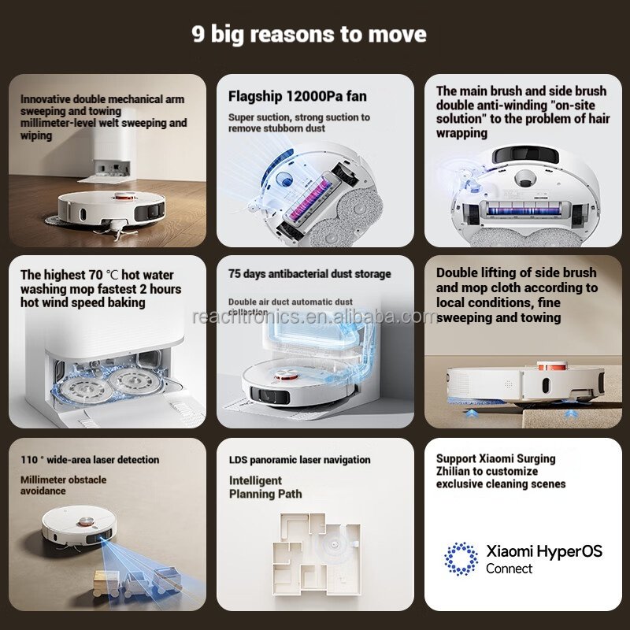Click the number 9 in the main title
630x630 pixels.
198,34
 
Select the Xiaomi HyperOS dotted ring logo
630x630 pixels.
461,559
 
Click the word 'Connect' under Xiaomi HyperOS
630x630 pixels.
509,569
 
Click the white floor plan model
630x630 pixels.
316,554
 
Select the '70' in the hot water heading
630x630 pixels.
95,275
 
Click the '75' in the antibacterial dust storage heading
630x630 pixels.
234,274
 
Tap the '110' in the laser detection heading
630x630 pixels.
29,460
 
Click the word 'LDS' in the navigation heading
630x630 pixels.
238,460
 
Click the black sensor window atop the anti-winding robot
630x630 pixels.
525,154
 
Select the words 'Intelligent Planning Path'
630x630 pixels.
265,487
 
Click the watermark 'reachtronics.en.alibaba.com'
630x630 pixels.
314,317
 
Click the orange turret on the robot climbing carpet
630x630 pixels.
552,365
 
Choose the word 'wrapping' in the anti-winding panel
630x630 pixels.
461,133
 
